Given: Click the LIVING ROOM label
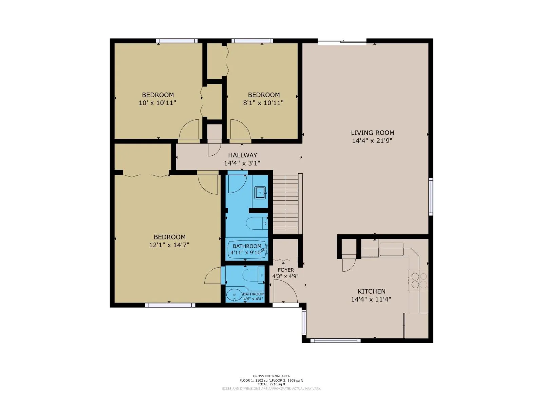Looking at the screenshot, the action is tap(372, 133).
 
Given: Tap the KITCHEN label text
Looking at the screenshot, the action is tap(372, 291).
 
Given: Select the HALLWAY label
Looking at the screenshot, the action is tap(242, 155).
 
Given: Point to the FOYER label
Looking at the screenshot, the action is tap(286, 270).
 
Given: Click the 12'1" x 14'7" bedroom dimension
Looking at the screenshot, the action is tap(169, 245).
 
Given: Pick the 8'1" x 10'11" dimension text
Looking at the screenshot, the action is tap(263, 103).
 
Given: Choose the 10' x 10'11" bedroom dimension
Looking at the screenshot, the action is tap(157, 103).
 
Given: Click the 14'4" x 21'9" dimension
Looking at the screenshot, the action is tap(372, 141).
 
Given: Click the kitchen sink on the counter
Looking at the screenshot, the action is tap(391, 249).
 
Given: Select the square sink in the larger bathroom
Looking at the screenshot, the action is tap(260, 193).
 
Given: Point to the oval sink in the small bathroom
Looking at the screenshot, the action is tap(235, 295).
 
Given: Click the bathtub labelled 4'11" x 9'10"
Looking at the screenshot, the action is tap(247, 250).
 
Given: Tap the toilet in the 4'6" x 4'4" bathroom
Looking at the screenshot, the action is tap(253, 275).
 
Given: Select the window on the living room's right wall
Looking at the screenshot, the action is tap(431, 196).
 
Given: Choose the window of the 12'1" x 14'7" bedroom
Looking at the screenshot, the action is tap(170, 305).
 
